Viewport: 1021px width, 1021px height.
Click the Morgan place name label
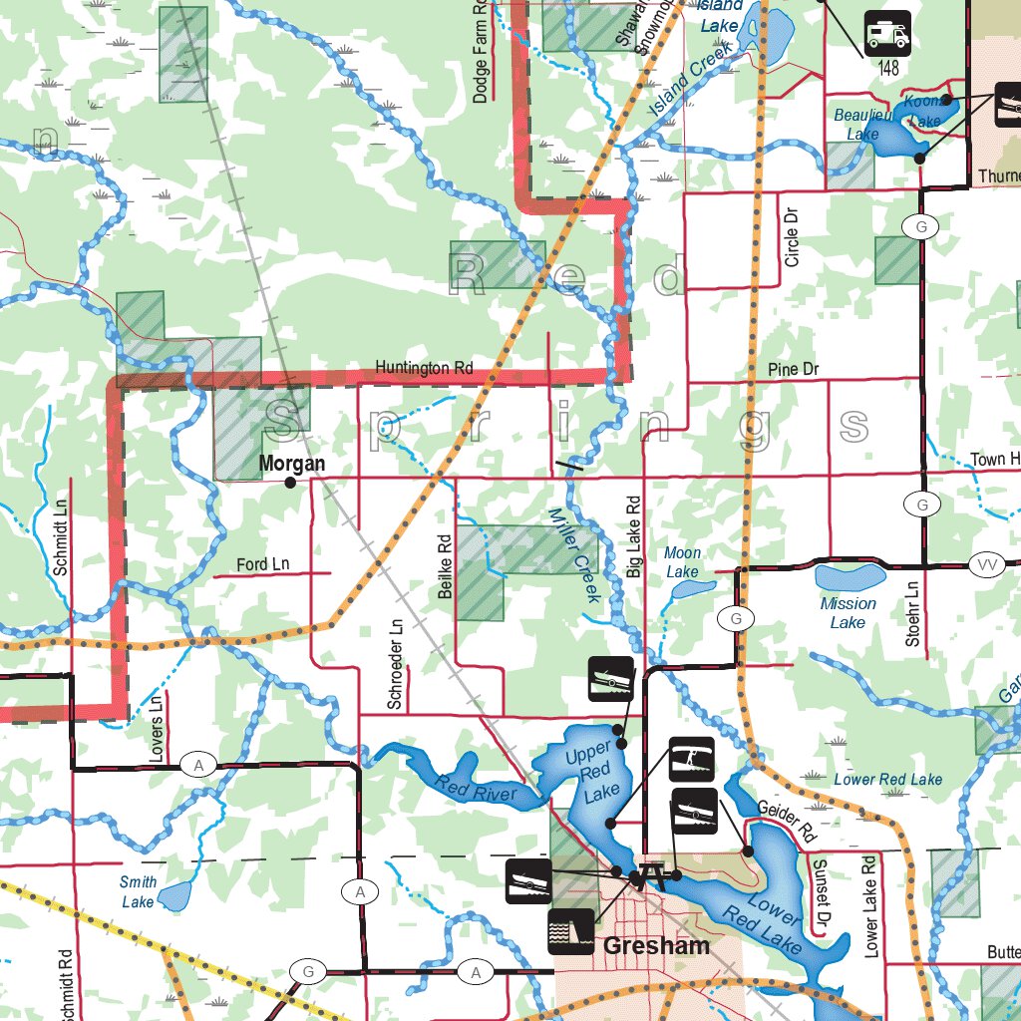pyautogui.click(x=291, y=464)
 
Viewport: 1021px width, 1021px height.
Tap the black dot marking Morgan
pyautogui.click(x=290, y=483)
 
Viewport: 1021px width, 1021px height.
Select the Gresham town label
pyautogui.click(x=656, y=945)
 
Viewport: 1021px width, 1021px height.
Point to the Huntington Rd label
pyautogui.click(x=424, y=368)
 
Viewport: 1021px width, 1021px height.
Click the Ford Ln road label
pyautogui.click(x=262, y=564)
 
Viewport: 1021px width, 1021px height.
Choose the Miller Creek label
pyautogui.click(x=574, y=554)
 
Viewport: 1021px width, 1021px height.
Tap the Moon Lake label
pyautogui.click(x=683, y=562)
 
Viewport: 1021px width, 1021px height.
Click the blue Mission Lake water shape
pyautogui.click(x=850, y=576)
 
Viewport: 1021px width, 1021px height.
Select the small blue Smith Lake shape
pyautogui.click(x=175, y=896)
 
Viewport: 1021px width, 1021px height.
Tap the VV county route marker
pyautogui.click(x=986, y=565)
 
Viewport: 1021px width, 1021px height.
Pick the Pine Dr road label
pyautogui.click(x=794, y=370)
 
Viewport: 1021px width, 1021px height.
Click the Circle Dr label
pyautogui.click(x=792, y=236)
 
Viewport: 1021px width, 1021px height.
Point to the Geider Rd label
pyautogui.click(x=787, y=821)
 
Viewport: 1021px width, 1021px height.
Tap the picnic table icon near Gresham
pyautogui.click(x=654, y=875)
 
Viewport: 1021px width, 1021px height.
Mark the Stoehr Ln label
pyautogui.click(x=912, y=611)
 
